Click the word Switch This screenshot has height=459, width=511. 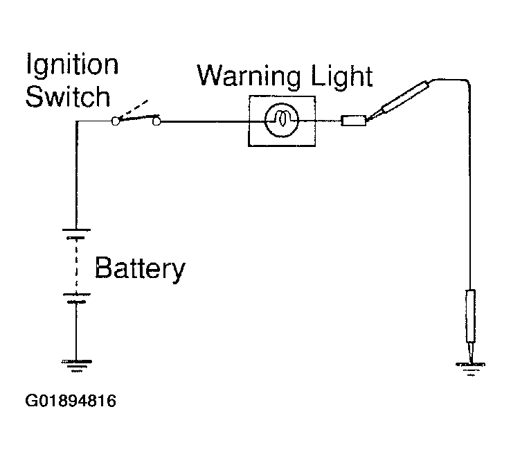pyautogui.click(x=68, y=96)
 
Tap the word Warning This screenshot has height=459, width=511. pyautogui.click(x=249, y=76)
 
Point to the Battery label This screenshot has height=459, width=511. pyautogui.click(x=140, y=269)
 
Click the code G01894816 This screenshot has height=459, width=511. pyautogui.click(x=71, y=401)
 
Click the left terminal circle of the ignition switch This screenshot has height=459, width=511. pyautogui.click(x=115, y=121)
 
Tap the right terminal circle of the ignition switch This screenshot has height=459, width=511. pyautogui.click(x=156, y=121)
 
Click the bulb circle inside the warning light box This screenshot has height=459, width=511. pyautogui.click(x=282, y=104)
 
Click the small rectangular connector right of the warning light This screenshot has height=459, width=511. pyautogui.click(x=354, y=121)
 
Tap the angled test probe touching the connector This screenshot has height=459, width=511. pyautogui.click(x=397, y=102)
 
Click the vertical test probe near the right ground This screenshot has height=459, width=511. pyautogui.click(x=470, y=326)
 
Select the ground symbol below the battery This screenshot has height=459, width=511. pyautogui.click(x=77, y=366)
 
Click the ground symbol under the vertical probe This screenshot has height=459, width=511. pyautogui.click(x=471, y=369)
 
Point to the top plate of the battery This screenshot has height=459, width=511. pyautogui.click(x=76, y=230)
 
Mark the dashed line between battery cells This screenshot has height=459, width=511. pyautogui.click(x=76, y=266)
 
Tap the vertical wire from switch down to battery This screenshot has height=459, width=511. pyautogui.click(x=77, y=175)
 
